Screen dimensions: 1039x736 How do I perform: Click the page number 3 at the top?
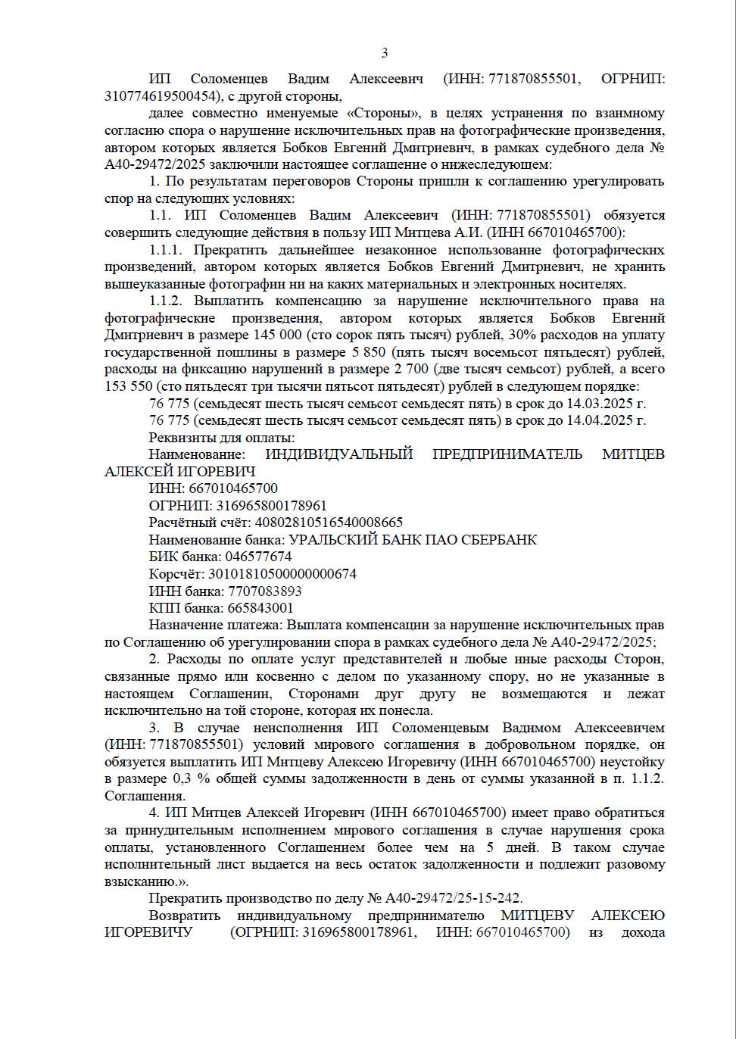point(385,53)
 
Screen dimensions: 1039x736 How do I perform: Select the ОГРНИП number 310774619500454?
point(159,96)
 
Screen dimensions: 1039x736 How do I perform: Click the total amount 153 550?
point(129,386)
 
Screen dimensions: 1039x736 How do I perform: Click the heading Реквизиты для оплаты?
point(222,438)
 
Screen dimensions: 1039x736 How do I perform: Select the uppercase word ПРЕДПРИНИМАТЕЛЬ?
point(507,454)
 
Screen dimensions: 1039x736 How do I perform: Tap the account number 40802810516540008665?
point(329,523)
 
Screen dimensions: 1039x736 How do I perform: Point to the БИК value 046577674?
point(258,557)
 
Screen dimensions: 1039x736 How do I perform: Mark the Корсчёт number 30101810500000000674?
point(282,574)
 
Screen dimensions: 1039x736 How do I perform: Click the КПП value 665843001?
point(260,608)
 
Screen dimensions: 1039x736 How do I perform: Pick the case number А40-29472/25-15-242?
point(453,898)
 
